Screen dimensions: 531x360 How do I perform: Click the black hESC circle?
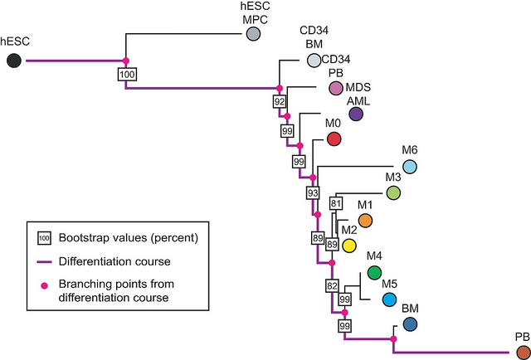pos(14,61)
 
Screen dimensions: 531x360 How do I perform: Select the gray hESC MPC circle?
pos(252,34)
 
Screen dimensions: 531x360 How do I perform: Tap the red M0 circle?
pos(334,139)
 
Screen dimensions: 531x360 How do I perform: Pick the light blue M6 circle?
pos(410,167)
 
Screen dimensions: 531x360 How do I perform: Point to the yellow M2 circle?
pos(348,246)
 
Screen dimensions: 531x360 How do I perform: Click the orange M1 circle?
pos(365,221)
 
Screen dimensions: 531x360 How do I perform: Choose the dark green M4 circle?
pos(374,273)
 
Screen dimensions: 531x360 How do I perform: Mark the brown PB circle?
pos(524,353)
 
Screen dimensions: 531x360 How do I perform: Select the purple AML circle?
pos(356,114)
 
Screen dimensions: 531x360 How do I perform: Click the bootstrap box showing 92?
pos(280,101)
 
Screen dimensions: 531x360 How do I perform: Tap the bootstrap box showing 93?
pos(313,193)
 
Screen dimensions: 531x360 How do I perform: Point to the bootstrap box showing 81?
pos(336,203)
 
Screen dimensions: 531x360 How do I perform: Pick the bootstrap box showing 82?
pos(331,286)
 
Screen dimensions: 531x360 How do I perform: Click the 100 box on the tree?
pos(127,74)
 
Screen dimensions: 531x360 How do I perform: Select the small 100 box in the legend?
pos(44,238)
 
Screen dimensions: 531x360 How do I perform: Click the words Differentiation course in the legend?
pos(114,261)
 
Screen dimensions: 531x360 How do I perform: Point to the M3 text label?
pos(393,177)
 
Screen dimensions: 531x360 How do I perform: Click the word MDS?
pos(358,87)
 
